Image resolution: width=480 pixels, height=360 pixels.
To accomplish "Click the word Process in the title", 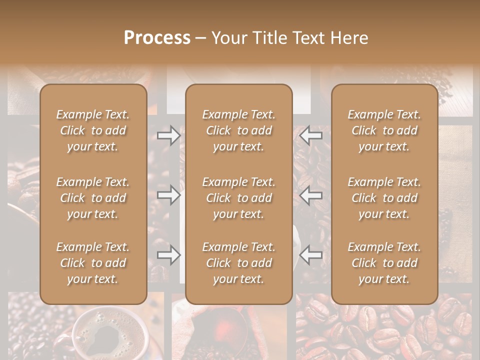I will click(157, 38).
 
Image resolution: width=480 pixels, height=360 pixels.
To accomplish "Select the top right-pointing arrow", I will click(168, 135).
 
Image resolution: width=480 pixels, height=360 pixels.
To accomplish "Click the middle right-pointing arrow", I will click(168, 195).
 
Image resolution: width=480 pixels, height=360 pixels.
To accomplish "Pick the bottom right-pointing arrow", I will click(168, 255).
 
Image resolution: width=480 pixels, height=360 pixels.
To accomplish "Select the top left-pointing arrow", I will click(311, 135).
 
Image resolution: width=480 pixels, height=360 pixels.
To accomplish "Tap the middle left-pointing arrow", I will click(311, 195).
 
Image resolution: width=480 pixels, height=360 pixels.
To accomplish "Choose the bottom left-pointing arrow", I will click(311, 255).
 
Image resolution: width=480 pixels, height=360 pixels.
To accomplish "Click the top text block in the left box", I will click(93, 130).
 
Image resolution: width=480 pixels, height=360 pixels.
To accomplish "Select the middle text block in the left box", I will click(93, 198).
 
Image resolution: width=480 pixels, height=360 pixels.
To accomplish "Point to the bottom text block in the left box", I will click(93, 263).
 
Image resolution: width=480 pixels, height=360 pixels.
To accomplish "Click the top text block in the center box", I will click(239, 130).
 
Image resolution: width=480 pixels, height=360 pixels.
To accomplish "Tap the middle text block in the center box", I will click(239, 198).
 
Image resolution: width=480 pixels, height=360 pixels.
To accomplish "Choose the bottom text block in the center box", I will click(239, 263).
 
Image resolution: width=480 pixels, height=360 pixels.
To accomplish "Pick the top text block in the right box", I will click(384, 130).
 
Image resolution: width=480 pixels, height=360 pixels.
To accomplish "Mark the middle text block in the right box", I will click(384, 198).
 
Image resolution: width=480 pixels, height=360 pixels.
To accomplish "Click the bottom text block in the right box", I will click(384, 263).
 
